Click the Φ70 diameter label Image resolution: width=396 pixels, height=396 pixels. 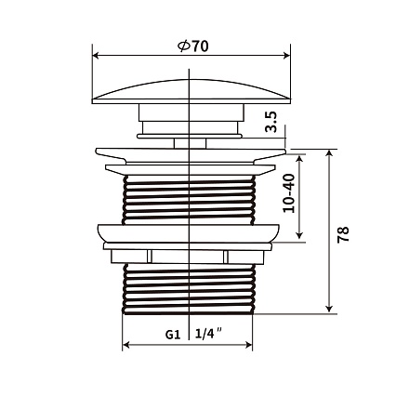[192, 46]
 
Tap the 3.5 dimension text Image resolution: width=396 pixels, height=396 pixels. [271, 122]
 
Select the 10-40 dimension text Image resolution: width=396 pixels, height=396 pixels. [289, 193]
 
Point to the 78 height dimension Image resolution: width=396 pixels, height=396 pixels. [343, 234]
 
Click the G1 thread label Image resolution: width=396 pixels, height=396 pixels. [173, 335]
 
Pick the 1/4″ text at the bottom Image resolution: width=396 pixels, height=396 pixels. [209, 334]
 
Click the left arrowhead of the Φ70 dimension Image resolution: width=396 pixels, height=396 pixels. [96, 56]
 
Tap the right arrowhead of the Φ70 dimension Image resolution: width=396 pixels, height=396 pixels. [287, 56]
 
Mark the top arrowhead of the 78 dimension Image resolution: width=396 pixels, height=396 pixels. [329, 153]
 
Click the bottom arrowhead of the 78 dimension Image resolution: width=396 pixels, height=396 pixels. [329, 309]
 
